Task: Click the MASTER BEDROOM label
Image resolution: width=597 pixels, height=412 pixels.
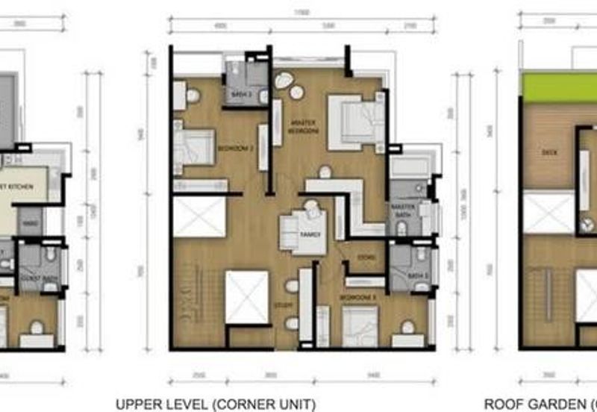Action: point(304,128)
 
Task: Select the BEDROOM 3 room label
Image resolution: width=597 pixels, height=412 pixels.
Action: point(353,296)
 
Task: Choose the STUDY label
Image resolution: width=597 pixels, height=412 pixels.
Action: point(282,305)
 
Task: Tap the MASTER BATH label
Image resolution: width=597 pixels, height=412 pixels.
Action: point(401,213)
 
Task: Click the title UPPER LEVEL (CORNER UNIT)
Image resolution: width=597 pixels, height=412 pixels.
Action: point(216,405)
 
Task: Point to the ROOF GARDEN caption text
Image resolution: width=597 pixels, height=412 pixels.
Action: point(544,405)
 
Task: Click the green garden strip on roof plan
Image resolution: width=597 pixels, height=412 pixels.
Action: point(560,88)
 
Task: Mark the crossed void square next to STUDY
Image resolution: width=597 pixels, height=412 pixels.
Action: point(246,297)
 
